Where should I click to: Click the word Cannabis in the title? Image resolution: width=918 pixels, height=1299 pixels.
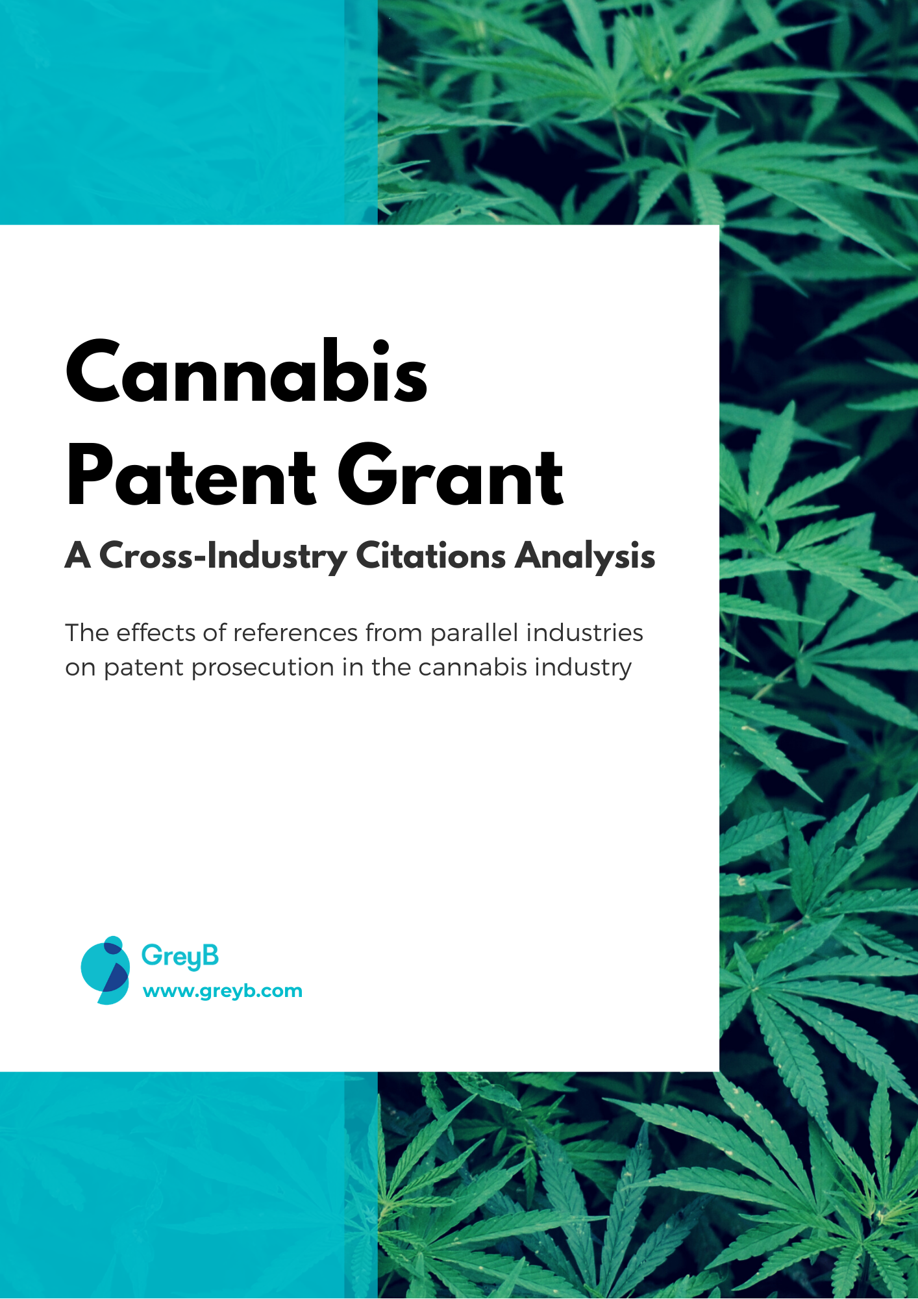(x=247, y=371)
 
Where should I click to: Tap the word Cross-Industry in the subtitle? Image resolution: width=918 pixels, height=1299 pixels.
(x=223, y=557)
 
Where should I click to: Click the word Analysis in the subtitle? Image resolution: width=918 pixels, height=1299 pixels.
(x=585, y=557)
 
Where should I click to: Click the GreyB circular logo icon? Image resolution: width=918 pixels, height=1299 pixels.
(x=105, y=970)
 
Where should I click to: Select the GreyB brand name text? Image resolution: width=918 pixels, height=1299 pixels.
(x=180, y=956)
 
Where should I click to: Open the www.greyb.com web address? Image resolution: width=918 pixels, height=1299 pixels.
(x=223, y=991)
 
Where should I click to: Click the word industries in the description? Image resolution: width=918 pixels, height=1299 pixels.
(x=584, y=633)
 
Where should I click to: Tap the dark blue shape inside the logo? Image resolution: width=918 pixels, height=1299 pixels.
(x=116, y=977)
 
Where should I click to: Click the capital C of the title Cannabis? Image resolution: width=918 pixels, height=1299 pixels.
(x=95, y=372)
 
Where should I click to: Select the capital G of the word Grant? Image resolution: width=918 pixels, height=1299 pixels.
(x=367, y=475)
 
